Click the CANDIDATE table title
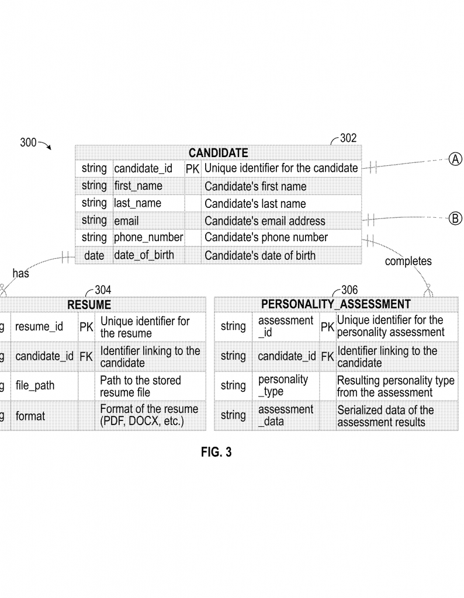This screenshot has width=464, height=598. [218, 153]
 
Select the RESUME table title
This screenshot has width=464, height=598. [89, 305]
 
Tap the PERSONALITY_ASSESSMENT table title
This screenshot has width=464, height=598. [335, 305]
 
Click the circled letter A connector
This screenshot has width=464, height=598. [455, 158]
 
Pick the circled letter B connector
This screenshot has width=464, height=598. [455, 219]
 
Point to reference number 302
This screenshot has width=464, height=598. [348, 138]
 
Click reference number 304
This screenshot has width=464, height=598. [103, 290]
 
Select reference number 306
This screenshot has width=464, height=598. [349, 290]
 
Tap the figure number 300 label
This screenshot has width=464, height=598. [28, 142]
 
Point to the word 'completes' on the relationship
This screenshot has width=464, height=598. [408, 261]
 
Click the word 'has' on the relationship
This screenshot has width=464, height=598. [20, 273]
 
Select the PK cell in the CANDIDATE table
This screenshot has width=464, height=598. [192, 169]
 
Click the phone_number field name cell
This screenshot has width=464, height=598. [148, 238]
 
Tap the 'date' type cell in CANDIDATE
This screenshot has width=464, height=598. [94, 255]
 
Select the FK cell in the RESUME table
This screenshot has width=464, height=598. [86, 356]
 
